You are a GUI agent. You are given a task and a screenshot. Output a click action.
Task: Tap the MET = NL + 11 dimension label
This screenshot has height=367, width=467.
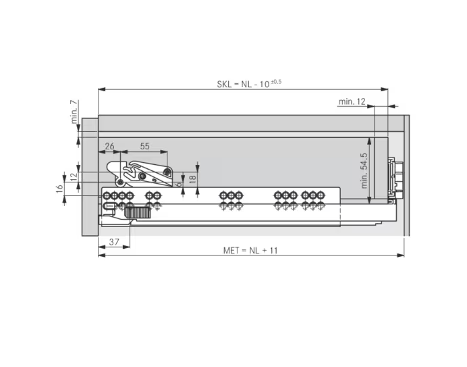click(250, 250)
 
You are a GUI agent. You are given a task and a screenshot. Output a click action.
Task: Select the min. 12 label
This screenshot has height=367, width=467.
click(352, 101)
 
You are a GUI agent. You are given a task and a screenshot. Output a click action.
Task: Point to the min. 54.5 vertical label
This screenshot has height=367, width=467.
click(364, 171)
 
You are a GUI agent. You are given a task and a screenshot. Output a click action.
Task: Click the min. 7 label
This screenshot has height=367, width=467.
click(74, 112)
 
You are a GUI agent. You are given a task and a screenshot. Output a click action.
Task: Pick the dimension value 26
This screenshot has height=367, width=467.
click(109, 146)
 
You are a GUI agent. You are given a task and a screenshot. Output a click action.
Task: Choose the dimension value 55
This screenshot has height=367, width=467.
click(144, 146)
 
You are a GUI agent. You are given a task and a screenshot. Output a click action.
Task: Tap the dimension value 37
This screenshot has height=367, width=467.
click(114, 242)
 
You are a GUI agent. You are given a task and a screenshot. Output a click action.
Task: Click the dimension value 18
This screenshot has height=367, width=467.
click(193, 178)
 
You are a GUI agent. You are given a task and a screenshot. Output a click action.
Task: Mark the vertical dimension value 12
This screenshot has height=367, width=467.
click(74, 175)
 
